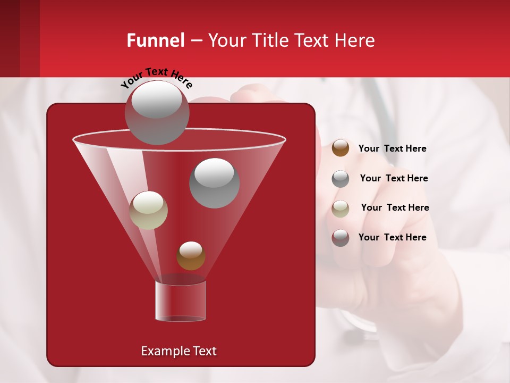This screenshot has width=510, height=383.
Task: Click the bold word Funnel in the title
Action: pos(156,40)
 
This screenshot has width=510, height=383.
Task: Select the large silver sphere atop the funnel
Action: pos(157,112)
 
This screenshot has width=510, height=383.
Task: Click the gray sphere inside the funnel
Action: pos(215,183)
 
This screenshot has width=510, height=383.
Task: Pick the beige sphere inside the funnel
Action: pos(148,210)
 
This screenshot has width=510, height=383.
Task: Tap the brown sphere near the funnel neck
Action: pos(191,256)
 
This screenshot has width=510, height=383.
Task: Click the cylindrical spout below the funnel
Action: pos(181,301)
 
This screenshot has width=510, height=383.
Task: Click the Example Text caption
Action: pos(179,351)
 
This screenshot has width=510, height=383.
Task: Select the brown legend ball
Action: pos(341,148)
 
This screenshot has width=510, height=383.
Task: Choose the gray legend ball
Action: pos(341,179)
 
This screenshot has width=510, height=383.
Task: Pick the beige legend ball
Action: pos(341,209)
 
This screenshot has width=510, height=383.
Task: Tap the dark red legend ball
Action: pos(341,238)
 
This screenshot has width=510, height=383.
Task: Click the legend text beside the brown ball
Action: pos(392,148)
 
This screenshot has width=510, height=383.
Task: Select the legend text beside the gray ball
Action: pos(394,178)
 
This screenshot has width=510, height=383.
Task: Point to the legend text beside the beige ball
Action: pos(395,207)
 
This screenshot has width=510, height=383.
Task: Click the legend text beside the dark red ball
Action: pos(392,237)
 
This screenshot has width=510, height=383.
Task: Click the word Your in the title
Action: pos(226,40)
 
